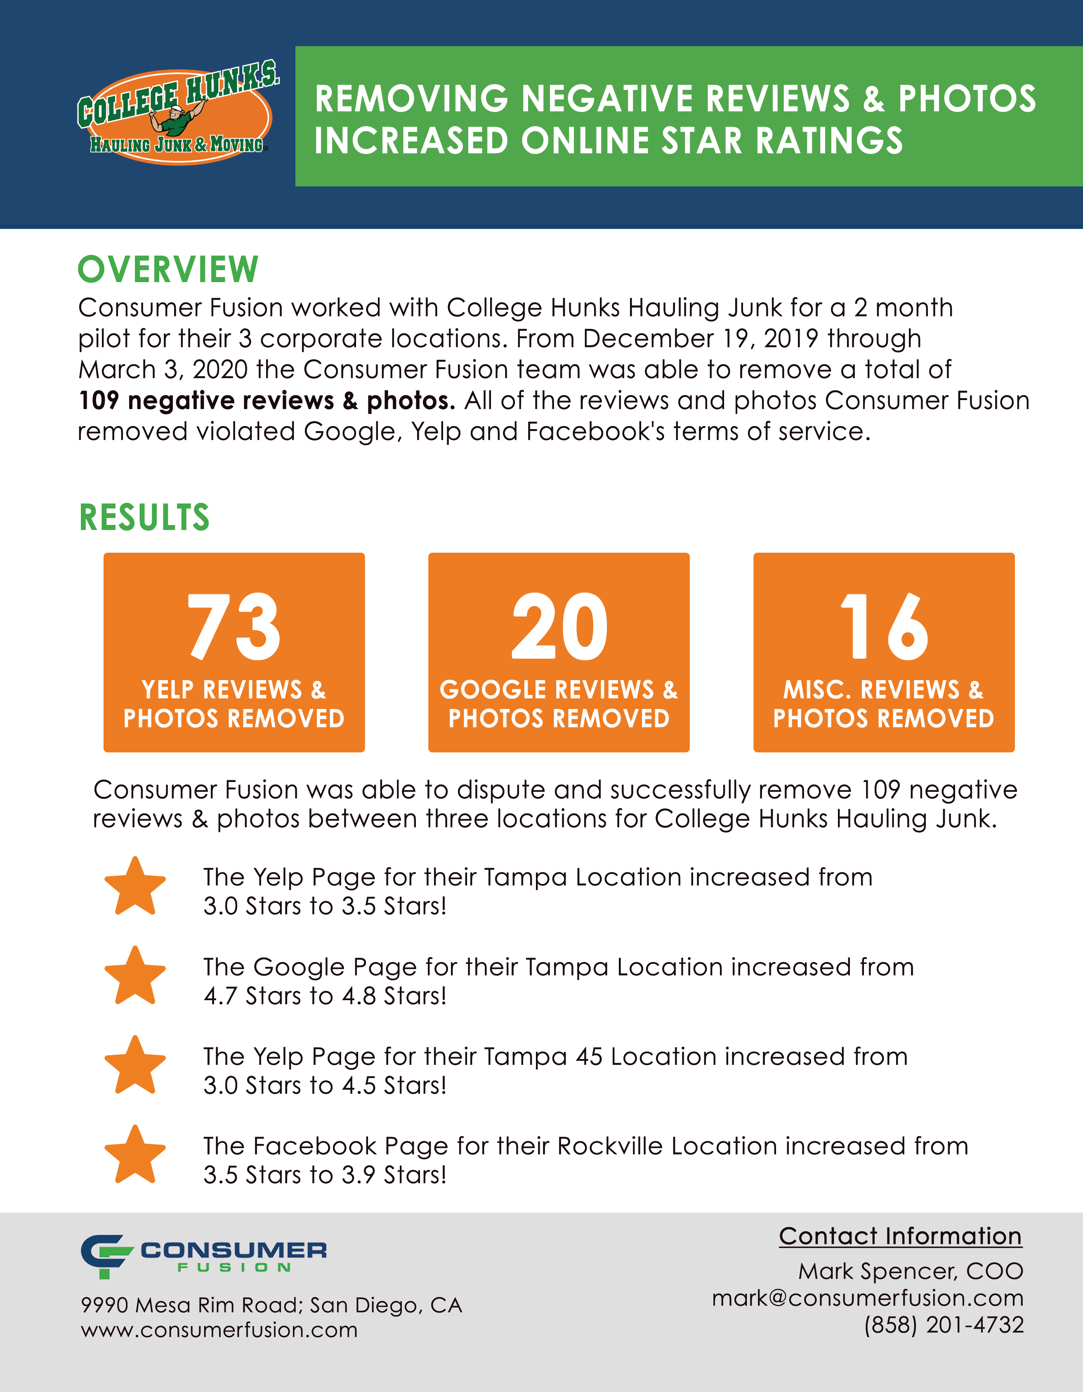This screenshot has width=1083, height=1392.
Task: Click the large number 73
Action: click(234, 627)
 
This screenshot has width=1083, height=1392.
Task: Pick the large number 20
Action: click(559, 627)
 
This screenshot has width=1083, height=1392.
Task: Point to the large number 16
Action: click(884, 627)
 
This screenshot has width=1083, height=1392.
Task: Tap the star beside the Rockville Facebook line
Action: click(135, 1154)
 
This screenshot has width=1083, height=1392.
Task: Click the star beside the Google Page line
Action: click(135, 976)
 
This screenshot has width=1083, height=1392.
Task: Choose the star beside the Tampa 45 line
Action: click(135, 1065)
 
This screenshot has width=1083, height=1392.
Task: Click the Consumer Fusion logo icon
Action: click(105, 1255)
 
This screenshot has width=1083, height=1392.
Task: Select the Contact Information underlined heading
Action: click(900, 1237)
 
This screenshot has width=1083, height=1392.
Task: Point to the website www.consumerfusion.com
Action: click(219, 1330)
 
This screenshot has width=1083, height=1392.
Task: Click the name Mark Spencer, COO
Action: click(910, 1272)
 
